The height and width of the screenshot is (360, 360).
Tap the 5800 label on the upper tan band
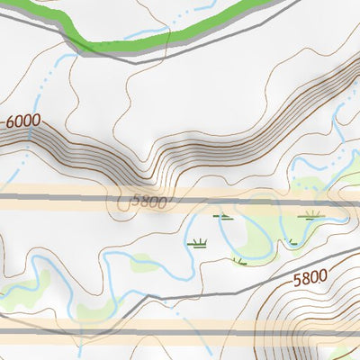click(148, 202)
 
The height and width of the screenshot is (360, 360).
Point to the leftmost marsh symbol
click(196, 242)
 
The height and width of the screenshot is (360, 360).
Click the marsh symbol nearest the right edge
click(311, 215)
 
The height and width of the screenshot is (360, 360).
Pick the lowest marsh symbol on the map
click(238, 261)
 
